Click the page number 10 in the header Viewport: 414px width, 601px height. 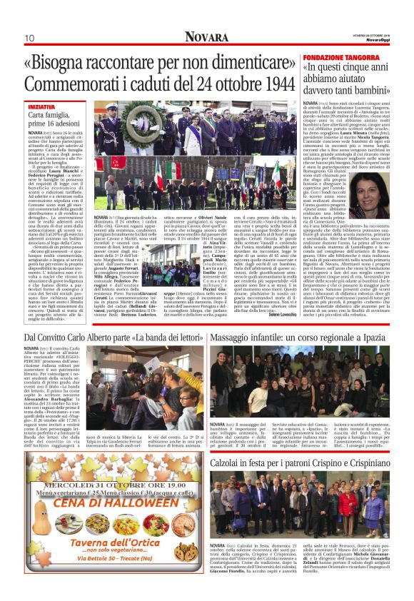[29, 38]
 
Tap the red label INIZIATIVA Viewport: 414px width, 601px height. [44, 106]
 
